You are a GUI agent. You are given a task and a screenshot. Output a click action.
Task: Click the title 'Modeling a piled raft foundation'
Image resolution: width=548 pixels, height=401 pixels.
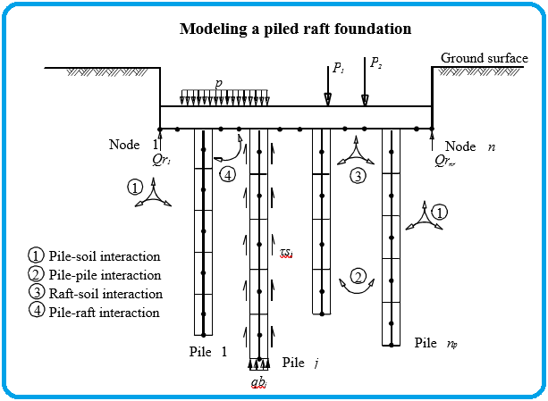click(295, 29)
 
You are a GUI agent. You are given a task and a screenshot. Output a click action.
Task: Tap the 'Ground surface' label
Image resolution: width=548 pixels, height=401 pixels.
click(485, 58)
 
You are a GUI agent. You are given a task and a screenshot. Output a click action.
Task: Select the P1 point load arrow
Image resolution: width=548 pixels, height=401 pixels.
click(328, 87)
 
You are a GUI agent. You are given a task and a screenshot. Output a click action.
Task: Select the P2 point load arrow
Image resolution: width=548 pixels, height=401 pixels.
click(365, 81)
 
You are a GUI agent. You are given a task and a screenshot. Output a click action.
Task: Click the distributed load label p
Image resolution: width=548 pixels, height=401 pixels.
click(219, 83)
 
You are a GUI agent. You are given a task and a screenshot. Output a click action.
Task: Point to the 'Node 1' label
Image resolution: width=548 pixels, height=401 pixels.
click(133, 144)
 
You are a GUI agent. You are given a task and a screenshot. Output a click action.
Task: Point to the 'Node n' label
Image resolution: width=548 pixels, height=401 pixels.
click(470, 146)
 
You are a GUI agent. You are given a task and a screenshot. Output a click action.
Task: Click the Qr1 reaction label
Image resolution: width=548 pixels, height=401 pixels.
click(162, 160)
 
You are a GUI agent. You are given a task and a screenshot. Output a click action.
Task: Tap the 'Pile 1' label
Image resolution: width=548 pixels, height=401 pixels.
click(208, 352)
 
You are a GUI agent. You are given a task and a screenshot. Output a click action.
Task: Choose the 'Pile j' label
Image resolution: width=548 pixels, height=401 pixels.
click(300, 363)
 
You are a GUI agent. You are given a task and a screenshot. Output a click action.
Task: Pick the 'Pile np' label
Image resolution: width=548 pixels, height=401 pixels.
click(436, 343)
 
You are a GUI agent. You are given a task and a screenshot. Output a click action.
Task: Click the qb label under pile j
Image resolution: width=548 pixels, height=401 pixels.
click(259, 383)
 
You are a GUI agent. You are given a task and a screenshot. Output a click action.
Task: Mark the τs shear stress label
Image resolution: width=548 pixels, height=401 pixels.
click(286, 252)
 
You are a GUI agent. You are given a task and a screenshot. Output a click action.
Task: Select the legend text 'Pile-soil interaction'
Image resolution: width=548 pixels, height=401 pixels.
click(105, 256)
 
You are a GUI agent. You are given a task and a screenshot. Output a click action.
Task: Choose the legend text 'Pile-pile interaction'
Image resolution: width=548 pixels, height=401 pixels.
click(105, 275)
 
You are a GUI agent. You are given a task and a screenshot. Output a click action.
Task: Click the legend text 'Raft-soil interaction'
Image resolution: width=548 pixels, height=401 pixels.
click(105, 294)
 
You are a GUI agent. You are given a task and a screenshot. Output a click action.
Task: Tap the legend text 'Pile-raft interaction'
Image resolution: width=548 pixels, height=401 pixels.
click(104, 313)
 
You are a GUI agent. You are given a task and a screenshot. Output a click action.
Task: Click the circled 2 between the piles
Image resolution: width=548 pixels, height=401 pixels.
click(358, 276)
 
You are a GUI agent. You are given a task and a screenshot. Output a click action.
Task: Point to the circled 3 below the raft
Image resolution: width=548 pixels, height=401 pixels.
click(358, 176)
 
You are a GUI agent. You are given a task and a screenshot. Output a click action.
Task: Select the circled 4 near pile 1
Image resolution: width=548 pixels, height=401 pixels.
click(228, 174)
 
